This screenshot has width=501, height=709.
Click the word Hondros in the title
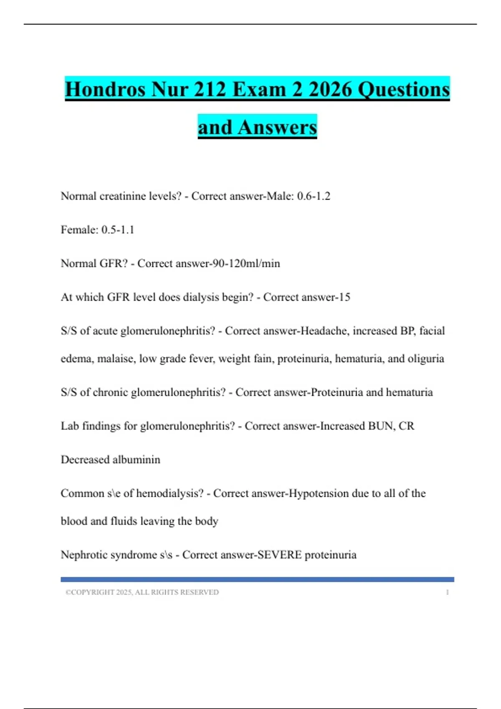pyautogui.click(x=105, y=89)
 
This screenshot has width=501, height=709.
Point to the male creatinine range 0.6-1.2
pyautogui.click(x=314, y=196)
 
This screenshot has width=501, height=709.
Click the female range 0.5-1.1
pyautogui.click(x=118, y=230)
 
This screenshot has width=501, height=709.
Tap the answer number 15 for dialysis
pyautogui.click(x=344, y=297)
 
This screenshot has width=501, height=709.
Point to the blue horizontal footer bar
pyautogui.click(x=257, y=579)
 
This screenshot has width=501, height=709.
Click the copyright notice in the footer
pyautogui.click(x=142, y=592)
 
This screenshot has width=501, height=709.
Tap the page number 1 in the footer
pyautogui.click(x=447, y=592)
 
